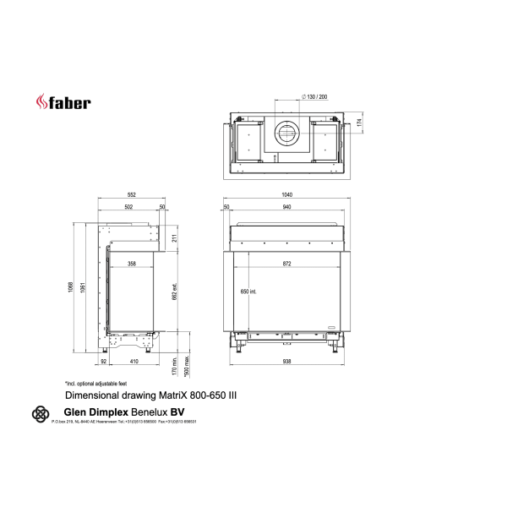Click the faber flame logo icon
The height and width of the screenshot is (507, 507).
pyautogui.click(x=41, y=102)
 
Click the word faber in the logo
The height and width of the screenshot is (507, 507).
pyautogui.click(x=70, y=103)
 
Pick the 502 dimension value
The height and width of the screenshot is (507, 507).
pyautogui.click(x=128, y=207)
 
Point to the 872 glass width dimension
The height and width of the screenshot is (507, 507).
pyautogui.click(x=286, y=264)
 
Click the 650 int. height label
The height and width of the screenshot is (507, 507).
pyautogui.click(x=248, y=292)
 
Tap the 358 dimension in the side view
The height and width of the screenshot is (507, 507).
pyautogui.click(x=131, y=264)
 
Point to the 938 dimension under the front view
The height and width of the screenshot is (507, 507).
pyautogui.click(x=286, y=362)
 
